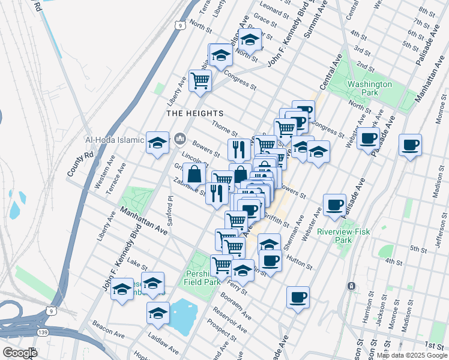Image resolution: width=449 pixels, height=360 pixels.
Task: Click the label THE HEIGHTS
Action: tap(195, 113)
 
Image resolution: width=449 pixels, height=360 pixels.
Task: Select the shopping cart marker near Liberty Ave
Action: tap(200, 80)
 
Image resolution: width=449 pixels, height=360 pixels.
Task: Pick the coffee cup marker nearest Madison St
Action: tap(410, 145)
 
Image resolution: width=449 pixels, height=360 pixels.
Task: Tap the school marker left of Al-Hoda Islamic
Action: tap(157, 142)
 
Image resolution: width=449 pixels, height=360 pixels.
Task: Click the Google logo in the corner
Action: tap(19, 353)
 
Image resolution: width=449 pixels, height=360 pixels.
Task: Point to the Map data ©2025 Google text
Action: tap(411, 355)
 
